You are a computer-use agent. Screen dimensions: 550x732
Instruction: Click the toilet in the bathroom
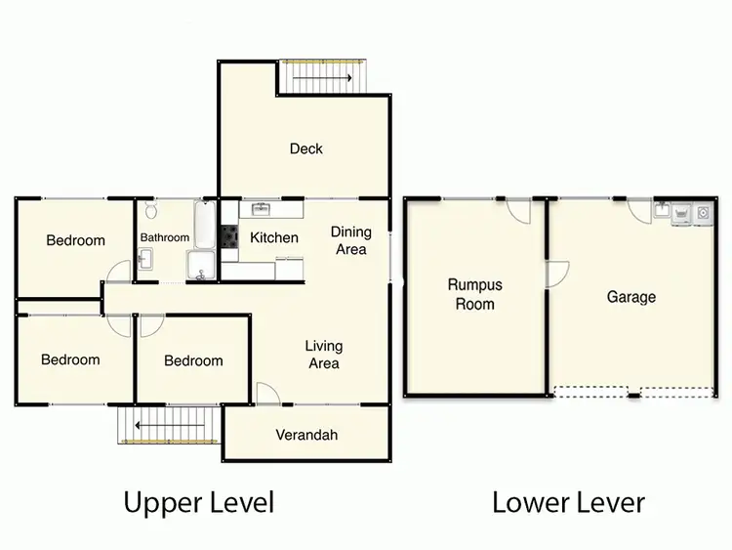tap(150, 211)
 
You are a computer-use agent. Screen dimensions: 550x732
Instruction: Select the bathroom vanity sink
tap(144, 259)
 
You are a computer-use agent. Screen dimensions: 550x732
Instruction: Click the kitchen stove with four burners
tap(228, 236)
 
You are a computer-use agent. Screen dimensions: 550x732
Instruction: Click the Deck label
tap(305, 148)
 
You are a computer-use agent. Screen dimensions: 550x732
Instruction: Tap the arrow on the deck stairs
tap(322, 78)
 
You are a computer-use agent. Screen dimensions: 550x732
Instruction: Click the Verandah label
tap(306, 435)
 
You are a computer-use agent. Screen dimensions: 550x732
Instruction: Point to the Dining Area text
tap(350, 240)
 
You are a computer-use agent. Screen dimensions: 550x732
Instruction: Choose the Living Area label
tap(323, 355)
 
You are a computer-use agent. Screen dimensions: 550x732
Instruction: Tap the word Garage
tap(630, 297)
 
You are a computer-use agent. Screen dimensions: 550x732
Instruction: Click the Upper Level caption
tap(198, 503)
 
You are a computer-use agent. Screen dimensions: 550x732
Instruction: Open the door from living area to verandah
tap(267, 393)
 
